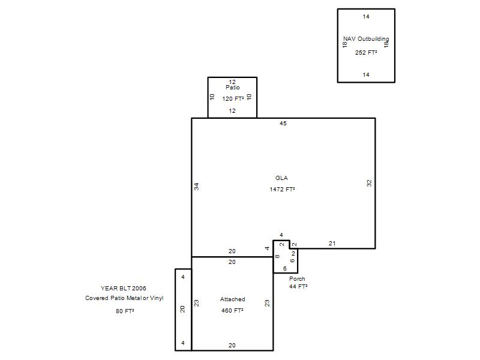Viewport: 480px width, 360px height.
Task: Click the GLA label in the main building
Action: [x=281, y=178]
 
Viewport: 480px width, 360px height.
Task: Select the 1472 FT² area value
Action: [x=282, y=189]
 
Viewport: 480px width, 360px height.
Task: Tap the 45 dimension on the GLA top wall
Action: [x=283, y=124]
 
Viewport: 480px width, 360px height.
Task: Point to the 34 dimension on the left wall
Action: [x=197, y=186]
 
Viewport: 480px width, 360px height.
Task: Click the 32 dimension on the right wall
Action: [x=369, y=183]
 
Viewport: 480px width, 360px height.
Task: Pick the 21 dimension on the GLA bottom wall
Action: [x=332, y=244]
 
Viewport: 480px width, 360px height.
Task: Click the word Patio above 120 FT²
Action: [x=233, y=88]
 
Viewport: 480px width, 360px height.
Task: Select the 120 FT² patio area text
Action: [x=233, y=98]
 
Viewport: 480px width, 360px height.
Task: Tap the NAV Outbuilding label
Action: [x=366, y=39]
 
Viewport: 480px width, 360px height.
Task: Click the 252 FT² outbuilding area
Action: [x=366, y=52]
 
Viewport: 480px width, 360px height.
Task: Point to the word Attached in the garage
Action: [x=233, y=299]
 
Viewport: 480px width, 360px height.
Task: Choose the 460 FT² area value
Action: [x=232, y=310]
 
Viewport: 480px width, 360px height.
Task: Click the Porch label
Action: [x=297, y=279]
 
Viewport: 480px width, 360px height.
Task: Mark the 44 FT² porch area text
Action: [x=298, y=287]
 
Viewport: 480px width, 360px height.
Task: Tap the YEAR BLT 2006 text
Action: [x=124, y=288]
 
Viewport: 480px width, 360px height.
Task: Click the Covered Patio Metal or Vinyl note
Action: [x=124, y=298]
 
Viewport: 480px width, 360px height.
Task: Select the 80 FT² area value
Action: [x=125, y=311]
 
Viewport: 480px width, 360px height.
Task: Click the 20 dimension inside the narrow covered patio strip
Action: [x=183, y=309]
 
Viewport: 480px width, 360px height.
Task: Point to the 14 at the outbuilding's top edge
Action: [x=366, y=17]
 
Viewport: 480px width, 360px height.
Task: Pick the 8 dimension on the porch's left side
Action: [x=277, y=257]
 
